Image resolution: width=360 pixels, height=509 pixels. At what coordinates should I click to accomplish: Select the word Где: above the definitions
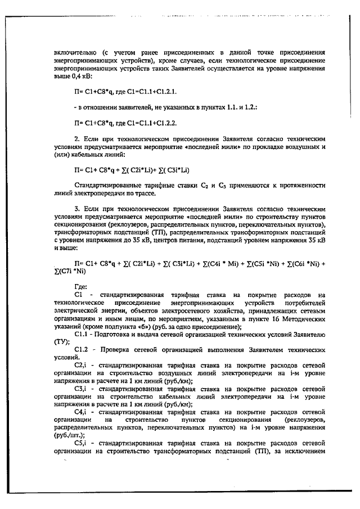pos(82,285)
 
